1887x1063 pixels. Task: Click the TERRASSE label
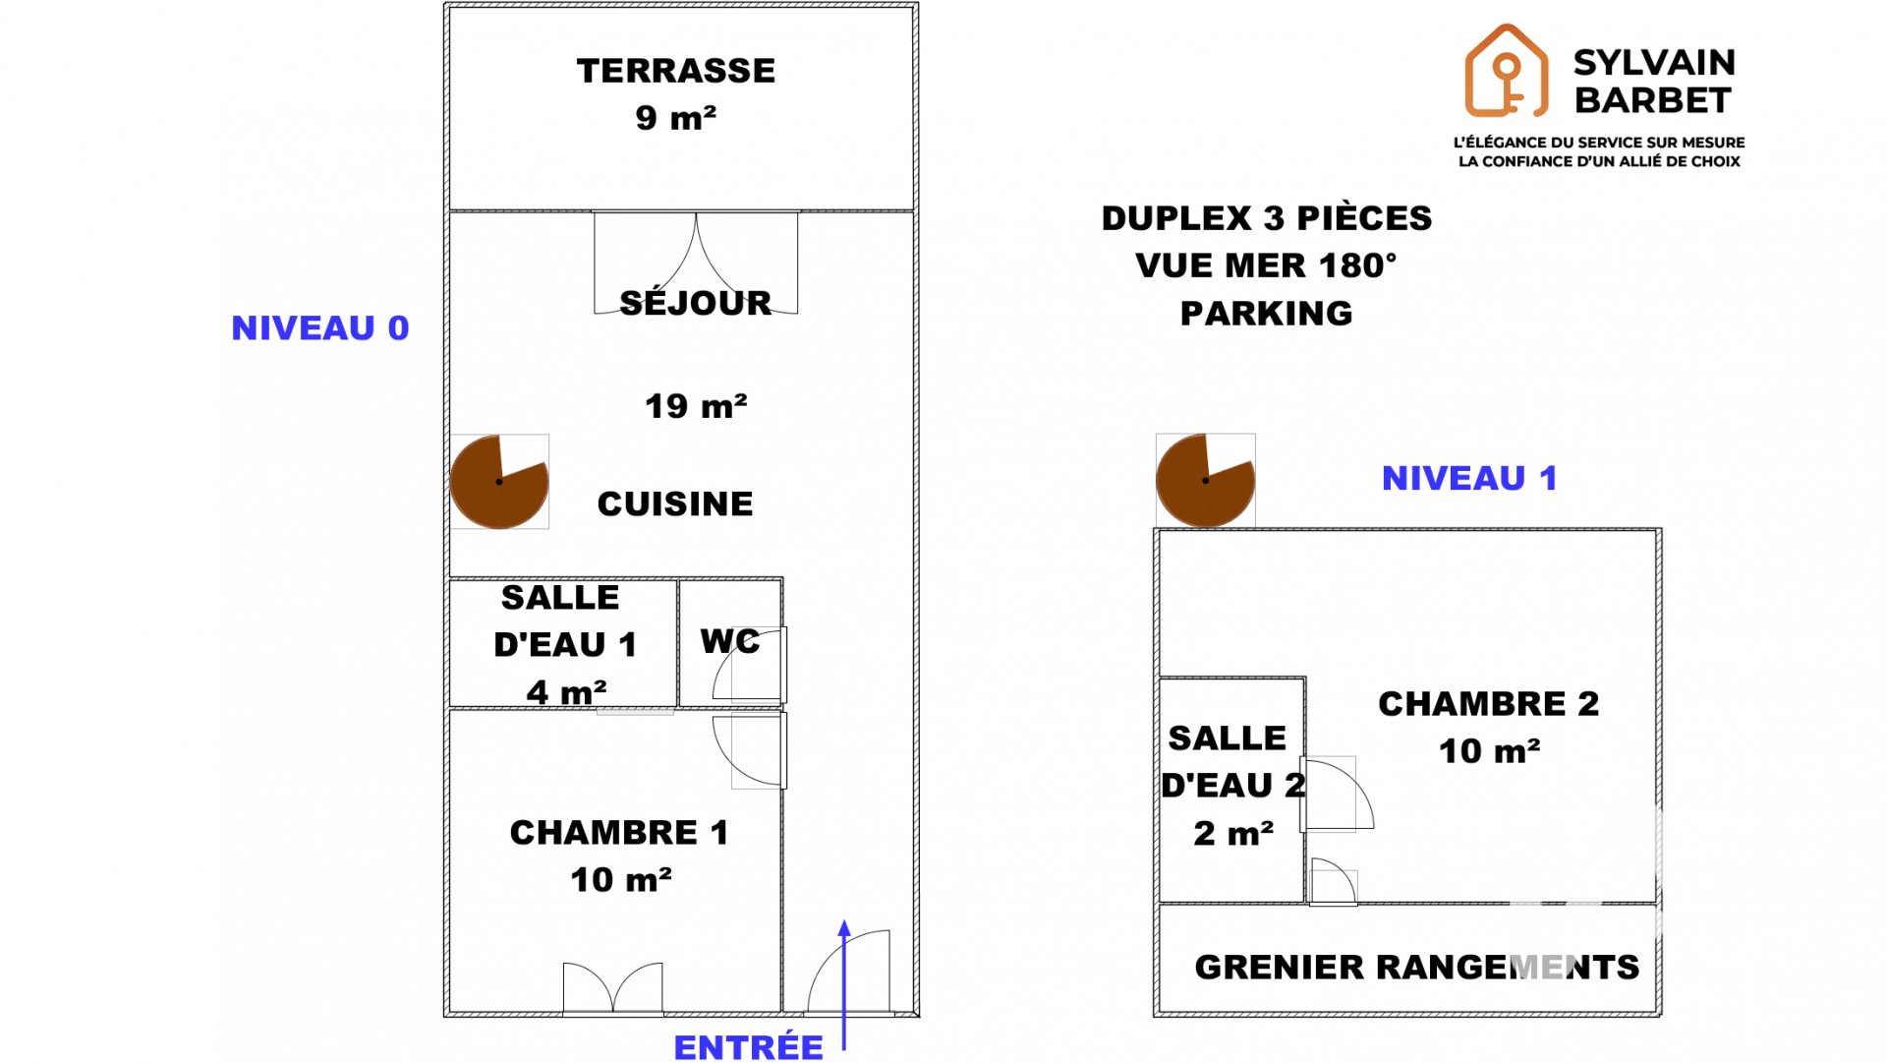coord(676,71)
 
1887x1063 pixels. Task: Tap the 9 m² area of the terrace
coord(676,118)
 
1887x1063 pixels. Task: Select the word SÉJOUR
coord(696,302)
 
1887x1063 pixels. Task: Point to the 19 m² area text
coord(696,406)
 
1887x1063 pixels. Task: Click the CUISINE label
coord(675,503)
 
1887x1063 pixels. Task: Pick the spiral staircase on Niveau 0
coord(499,482)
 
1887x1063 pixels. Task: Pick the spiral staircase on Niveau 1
coord(1205,481)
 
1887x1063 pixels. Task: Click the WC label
coord(730,641)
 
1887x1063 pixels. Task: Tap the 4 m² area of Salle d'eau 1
coord(566,692)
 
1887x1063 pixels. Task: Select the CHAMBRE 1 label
coord(619,833)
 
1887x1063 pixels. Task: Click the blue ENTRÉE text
coord(749,1047)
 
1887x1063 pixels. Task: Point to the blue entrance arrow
coord(844,985)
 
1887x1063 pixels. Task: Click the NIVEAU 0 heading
coord(320,327)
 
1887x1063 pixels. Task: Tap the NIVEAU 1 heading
coord(1469,478)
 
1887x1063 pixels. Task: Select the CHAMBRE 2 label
coord(1489,704)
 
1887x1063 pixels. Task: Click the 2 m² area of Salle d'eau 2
coord(1233,834)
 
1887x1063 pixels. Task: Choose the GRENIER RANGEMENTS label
coord(1417,967)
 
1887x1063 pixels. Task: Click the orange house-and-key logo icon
coord(1506,71)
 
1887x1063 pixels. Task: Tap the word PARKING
coord(1267,314)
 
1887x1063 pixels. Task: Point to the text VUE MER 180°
coord(1266,266)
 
